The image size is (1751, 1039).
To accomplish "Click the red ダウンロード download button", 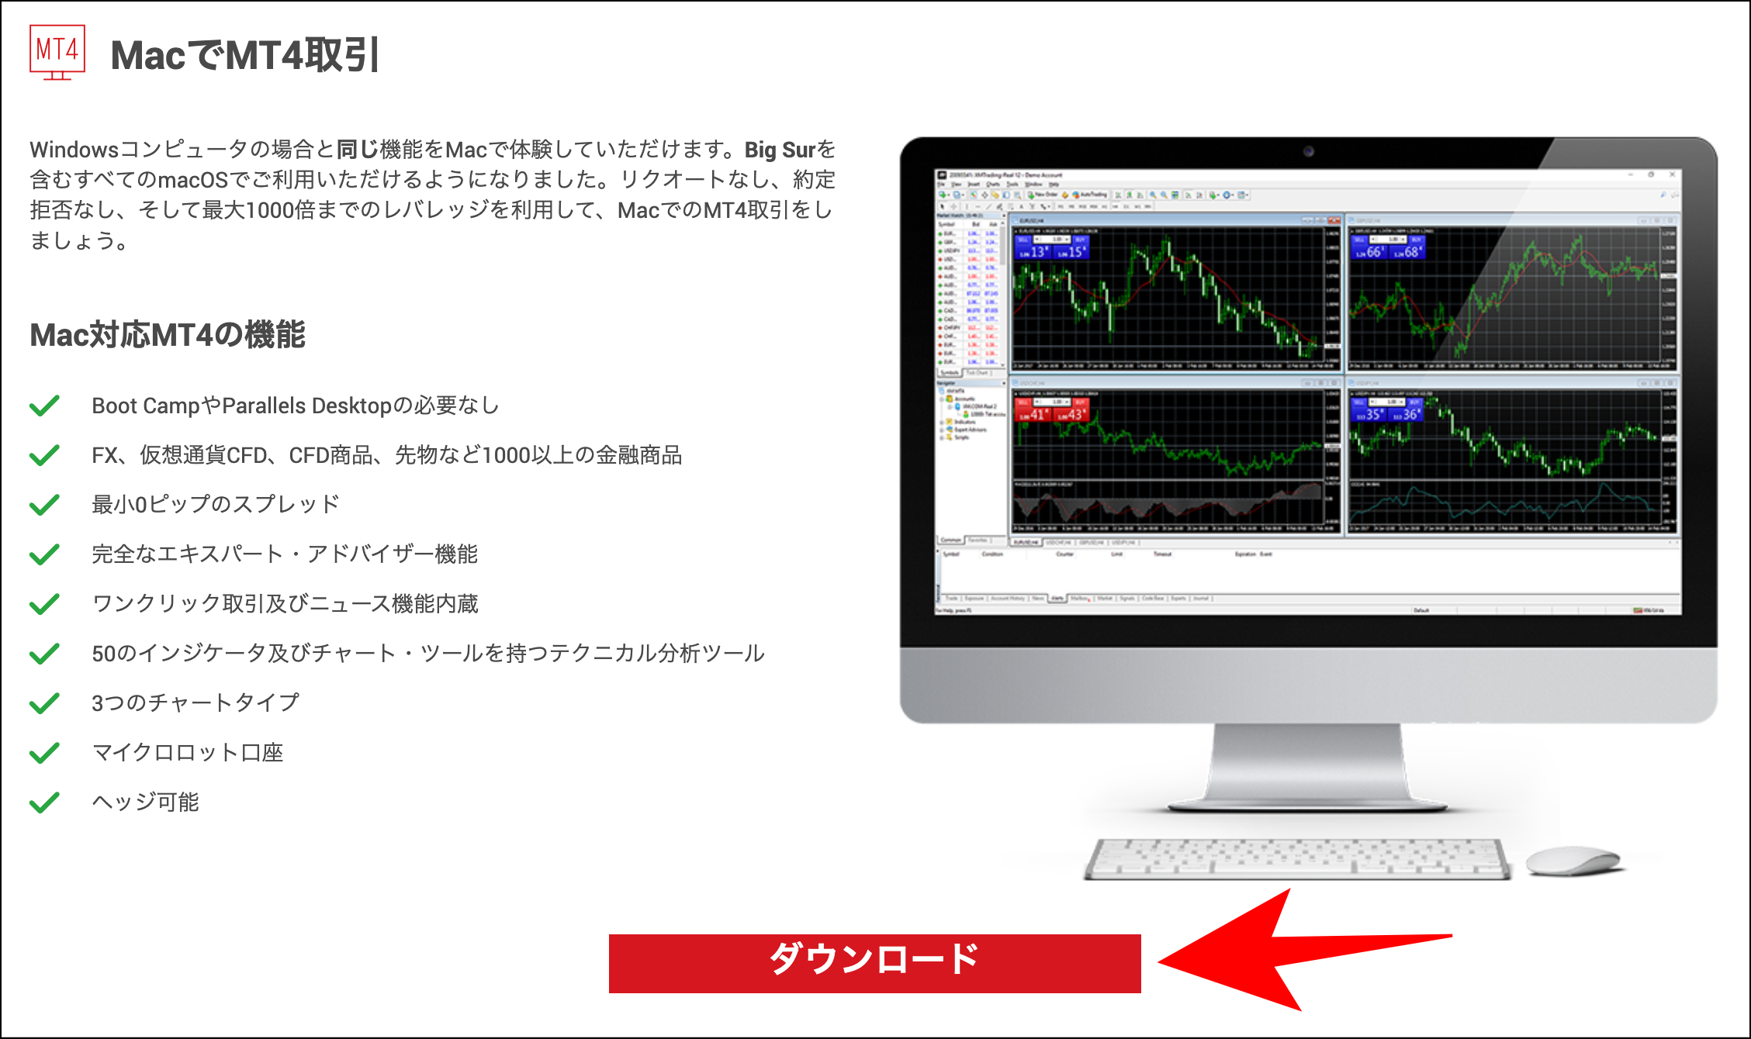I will coord(874,963).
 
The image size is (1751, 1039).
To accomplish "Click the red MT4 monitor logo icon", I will coord(57,52).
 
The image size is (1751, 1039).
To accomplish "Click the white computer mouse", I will coord(1573,861).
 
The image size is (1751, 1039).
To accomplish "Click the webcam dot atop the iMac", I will coord(1308,151).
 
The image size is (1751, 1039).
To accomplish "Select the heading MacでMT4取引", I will coord(244,55).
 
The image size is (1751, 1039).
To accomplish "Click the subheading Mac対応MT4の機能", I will coord(168,335).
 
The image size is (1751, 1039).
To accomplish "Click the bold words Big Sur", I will coord(780,150).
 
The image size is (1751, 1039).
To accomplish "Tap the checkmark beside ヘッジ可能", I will coord(44,802).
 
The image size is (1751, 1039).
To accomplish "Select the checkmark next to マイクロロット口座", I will coord(44,752).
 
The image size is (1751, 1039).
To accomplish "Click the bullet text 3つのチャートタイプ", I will coord(196,702).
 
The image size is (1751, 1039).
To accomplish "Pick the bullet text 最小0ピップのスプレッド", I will coord(216,504).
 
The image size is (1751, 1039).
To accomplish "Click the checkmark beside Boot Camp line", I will coord(44,406).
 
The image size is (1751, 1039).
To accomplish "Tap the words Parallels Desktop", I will coord(307,406).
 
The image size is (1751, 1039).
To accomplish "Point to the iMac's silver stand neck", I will coord(1308,764).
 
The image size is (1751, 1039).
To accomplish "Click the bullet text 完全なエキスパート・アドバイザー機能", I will coord(285,554).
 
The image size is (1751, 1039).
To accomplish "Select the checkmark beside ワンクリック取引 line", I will coord(44,603).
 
